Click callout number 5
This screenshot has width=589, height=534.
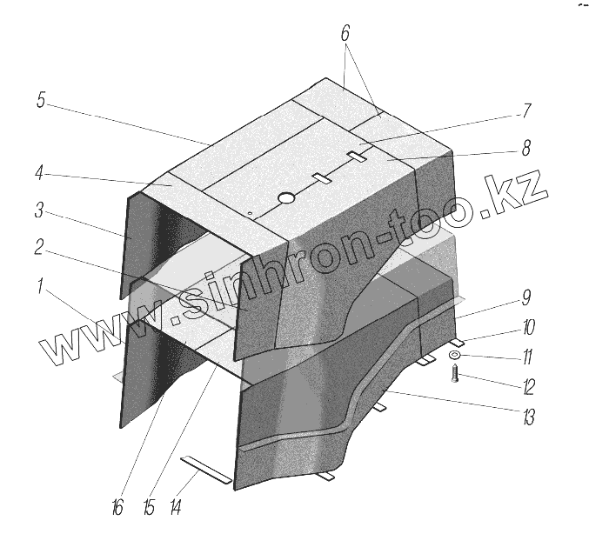[x=41, y=100]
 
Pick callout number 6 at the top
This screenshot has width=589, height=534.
[x=345, y=34]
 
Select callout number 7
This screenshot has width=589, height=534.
[x=526, y=111]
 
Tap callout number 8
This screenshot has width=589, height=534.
[x=526, y=148]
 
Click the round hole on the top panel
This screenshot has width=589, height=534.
[x=286, y=200]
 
